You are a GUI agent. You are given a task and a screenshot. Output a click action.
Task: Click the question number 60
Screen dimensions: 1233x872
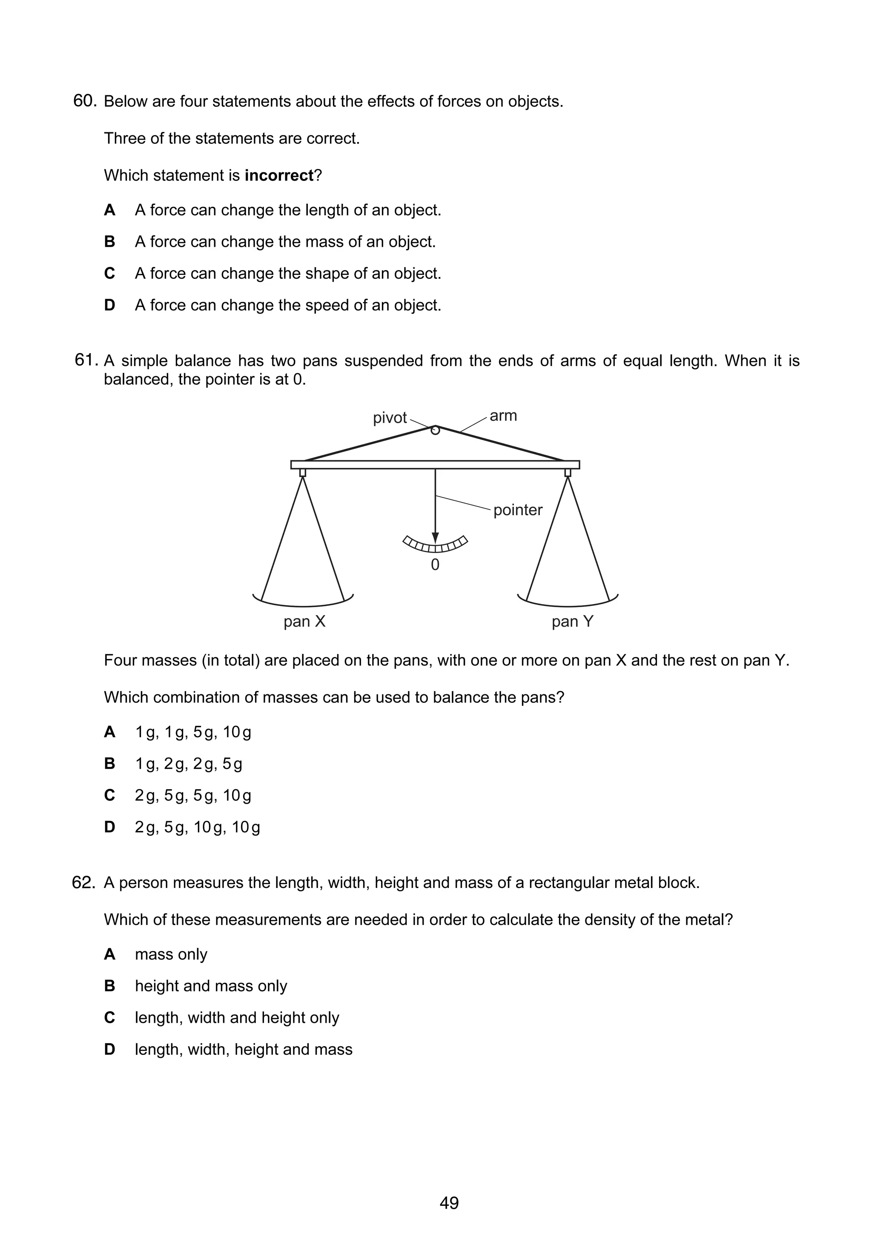[84, 101]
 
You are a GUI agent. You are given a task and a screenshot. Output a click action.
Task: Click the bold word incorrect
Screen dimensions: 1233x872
[278, 176]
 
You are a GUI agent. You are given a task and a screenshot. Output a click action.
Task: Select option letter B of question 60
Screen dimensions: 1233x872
[109, 242]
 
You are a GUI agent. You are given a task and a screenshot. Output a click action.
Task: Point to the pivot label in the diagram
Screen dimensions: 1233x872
[390, 418]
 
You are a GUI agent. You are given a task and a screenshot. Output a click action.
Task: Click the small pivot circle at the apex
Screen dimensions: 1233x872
[435, 430]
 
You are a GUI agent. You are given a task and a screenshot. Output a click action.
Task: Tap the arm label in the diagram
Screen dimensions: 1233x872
[503, 416]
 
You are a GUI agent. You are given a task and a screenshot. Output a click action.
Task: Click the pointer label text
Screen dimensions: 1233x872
[518, 510]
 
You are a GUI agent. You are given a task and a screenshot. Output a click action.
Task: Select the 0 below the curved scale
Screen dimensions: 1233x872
[435, 565]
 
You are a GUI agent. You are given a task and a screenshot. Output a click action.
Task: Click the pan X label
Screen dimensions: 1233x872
[304, 621]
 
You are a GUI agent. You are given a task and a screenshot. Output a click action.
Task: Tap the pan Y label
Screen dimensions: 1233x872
[572, 621]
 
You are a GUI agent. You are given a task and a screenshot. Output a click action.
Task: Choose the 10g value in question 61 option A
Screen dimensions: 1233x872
[237, 732]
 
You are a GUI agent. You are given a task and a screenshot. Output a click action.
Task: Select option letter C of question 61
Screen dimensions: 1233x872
[109, 795]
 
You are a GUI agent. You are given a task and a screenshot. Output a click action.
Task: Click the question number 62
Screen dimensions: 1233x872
[84, 882]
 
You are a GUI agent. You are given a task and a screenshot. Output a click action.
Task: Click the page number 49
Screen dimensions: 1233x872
[449, 1203]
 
